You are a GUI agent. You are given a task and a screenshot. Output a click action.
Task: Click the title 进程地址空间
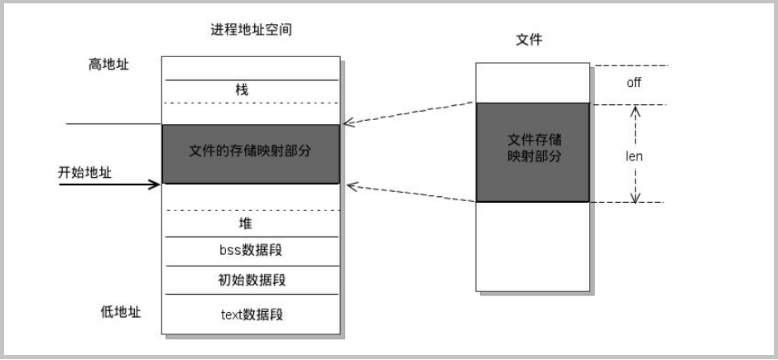(251, 30)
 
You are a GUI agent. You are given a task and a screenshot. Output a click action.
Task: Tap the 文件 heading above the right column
(529, 40)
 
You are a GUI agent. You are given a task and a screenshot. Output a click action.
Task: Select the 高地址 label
(109, 64)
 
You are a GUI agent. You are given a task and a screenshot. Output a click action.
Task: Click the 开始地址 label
(84, 172)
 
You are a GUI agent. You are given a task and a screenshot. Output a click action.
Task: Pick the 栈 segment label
(242, 89)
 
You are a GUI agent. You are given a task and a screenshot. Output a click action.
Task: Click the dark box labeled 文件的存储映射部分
(250, 154)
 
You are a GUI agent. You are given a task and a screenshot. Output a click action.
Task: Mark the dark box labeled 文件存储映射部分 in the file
(532, 152)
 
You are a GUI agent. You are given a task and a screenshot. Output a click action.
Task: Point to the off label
(634, 83)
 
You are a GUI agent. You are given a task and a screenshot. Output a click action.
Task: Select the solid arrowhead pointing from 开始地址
(155, 184)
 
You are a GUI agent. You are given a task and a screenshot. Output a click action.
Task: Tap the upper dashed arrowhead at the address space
(348, 124)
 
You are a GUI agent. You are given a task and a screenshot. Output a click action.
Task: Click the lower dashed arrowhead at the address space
(348, 183)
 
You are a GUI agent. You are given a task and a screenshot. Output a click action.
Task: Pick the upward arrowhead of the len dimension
(636, 108)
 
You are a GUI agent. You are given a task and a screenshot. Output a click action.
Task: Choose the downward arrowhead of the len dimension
(636, 198)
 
